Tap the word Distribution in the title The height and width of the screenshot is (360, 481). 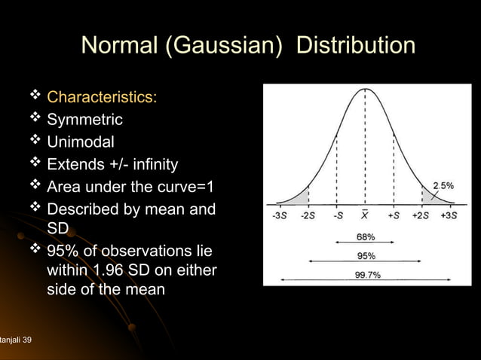tap(355, 46)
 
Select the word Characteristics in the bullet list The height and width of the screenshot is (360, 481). tap(102, 99)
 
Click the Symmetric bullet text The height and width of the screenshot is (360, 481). tap(84, 121)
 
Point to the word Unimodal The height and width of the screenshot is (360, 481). tap(81, 142)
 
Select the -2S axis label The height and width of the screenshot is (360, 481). tap(308, 215)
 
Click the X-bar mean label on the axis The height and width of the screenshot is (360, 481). tap(365, 215)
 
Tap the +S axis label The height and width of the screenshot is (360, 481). tap(394, 215)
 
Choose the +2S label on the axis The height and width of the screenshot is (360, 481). tap(421, 215)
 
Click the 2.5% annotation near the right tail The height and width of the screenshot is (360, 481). tap(443, 185)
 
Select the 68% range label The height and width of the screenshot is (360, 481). tap(366, 237)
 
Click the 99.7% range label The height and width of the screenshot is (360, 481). tap(368, 274)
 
